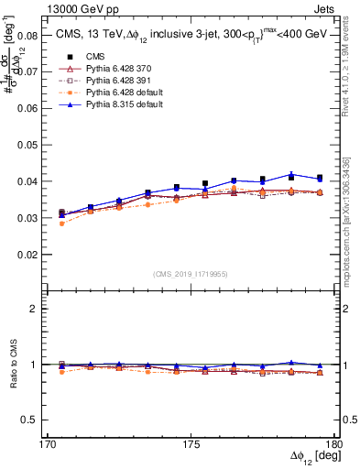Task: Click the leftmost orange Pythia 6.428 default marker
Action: click(61, 224)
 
